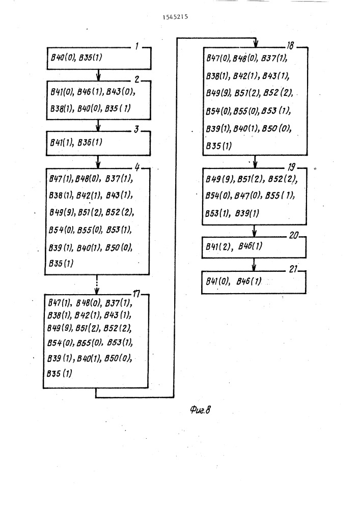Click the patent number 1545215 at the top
[x=175, y=17]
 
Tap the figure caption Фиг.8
[x=200, y=410]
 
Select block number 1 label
[x=137, y=46]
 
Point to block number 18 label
[x=290, y=45]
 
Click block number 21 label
[x=293, y=269]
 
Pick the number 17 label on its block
[x=136, y=294]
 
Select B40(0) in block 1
[x=63, y=58]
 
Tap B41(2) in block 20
[x=219, y=247]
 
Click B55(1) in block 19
[x=280, y=195]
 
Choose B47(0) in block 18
[x=218, y=59]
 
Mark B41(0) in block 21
[x=217, y=281]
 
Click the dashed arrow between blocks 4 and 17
[x=97, y=285]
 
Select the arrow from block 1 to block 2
[x=98, y=75]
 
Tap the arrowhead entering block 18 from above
[x=256, y=44]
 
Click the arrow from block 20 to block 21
[x=254, y=265]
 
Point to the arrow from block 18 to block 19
[x=255, y=162]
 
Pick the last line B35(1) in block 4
[x=61, y=263]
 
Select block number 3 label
[x=136, y=129]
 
